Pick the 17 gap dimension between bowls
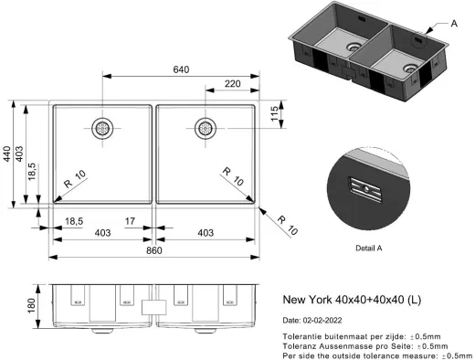coord(131,219)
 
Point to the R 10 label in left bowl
coord(75,176)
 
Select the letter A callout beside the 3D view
coord(454,24)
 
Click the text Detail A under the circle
coord(369,248)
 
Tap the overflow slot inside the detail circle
coord(365,189)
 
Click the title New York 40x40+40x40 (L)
coord(350,301)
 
